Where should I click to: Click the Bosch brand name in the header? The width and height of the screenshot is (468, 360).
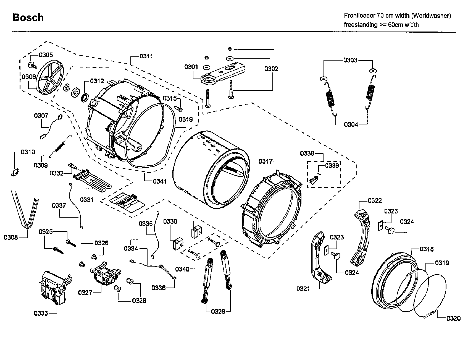click(28, 17)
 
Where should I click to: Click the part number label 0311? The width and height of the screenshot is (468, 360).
click(146, 56)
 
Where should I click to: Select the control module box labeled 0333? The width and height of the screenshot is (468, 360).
click(54, 288)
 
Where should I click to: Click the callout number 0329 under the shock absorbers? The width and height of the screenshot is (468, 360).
click(218, 312)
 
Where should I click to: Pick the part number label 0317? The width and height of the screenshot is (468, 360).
click(265, 161)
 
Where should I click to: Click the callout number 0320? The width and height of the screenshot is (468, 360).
click(453, 319)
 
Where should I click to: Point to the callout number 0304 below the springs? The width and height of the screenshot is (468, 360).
click(351, 124)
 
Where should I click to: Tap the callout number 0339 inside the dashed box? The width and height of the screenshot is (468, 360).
click(332, 165)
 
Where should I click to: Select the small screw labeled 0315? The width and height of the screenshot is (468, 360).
click(180, 109)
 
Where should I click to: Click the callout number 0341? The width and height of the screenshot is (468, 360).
click(159, 181)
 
